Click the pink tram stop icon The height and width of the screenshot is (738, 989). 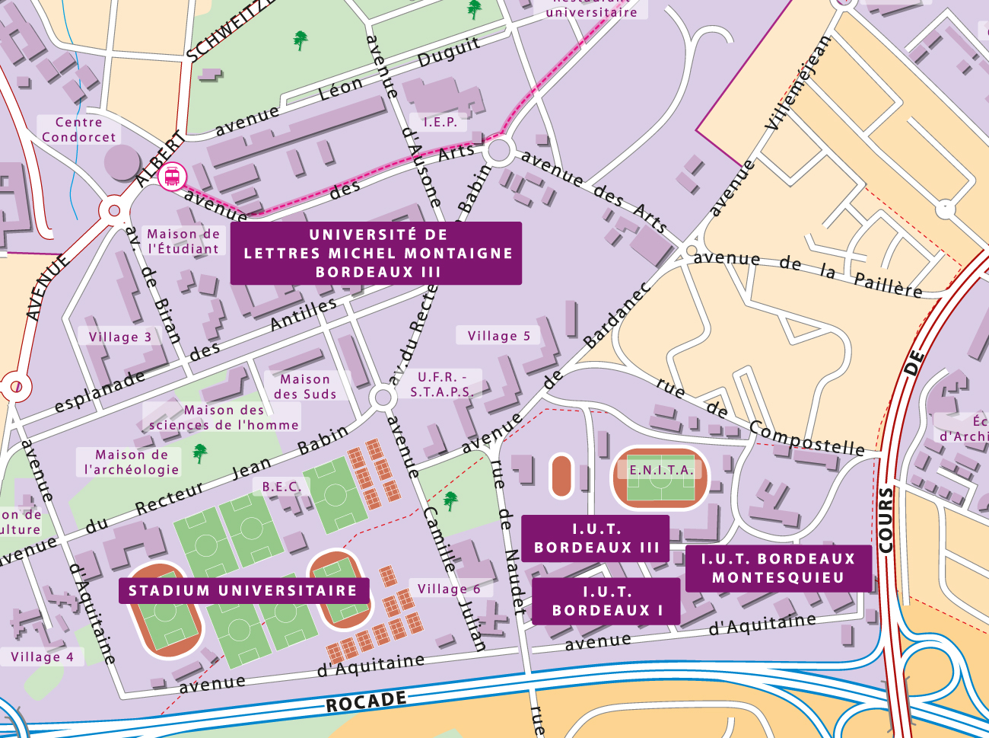(x=172, y=177)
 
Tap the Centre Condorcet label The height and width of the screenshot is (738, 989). (x=79, y=130)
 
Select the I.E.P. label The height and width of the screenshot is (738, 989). (x=440, y=122)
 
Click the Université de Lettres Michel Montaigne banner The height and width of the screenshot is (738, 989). (x=377, y=254)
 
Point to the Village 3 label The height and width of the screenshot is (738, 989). (x=120, y=337)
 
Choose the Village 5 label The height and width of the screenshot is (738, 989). (x=498, y=336)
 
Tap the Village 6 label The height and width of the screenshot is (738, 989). (x=449, y=589)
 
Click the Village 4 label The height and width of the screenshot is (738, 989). (x=43, y=657)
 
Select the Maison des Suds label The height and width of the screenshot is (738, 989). (x=305, y=387)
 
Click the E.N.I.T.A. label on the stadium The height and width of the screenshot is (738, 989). (x=661, y=471)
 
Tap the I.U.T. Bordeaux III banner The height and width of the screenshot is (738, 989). (x=596, y=538)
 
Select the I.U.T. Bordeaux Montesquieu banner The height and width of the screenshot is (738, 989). (x=778, y=568)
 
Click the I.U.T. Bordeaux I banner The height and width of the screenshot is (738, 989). (x=606, y=602)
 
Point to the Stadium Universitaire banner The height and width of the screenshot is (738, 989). (x=243, y=590)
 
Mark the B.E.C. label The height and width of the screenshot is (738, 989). (x=281, y=487)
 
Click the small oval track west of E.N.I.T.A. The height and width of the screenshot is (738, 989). (x=561, y=476)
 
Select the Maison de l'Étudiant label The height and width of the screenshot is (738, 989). (x=183, y=241)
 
